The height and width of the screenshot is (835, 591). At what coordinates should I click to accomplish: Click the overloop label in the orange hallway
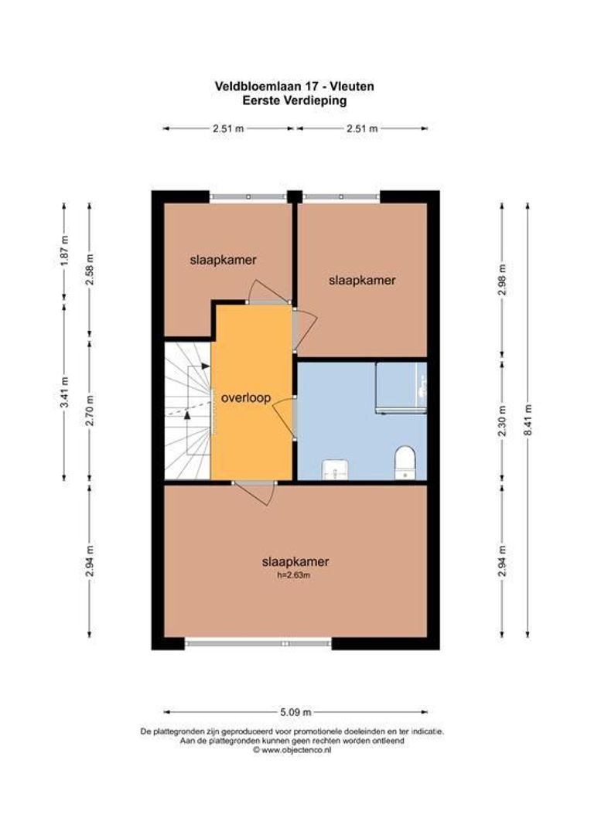tap(245, 399)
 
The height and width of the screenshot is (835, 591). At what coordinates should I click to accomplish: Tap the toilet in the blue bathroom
tap(405, 462)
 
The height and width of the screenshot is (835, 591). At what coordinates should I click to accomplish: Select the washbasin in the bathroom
tap(334, 467)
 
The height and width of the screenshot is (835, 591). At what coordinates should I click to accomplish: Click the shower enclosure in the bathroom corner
tap(401, 387)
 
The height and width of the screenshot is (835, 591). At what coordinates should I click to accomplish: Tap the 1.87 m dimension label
tap(64, 250)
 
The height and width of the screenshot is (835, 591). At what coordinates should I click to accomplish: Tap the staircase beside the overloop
tap(187, 411)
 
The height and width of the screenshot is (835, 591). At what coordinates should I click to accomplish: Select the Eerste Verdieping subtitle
tap(295, 100)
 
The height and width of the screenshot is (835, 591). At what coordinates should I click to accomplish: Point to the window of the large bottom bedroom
tap(258, 642)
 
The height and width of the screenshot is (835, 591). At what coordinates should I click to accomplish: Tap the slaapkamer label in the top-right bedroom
tap(362, 280)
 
